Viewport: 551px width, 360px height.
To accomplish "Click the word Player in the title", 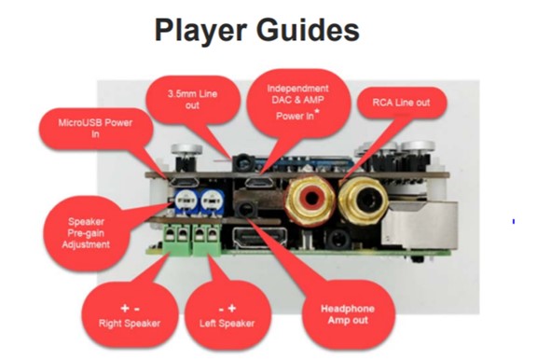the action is (200, 31).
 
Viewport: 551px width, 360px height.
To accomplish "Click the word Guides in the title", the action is (308, 30).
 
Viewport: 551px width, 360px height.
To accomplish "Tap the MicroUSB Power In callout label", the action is (95, 129).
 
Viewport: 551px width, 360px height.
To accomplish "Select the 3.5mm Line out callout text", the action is (193, 100).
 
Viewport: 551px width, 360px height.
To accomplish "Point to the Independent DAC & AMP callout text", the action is (297, 94).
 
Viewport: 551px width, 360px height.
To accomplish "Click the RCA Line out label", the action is (401, 103).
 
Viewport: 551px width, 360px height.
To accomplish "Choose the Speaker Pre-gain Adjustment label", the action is (86, 233).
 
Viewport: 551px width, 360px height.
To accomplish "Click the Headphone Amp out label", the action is (348, 314).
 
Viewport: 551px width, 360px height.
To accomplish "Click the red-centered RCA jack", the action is (310, 199).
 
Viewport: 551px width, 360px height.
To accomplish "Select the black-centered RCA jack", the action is (363, 200).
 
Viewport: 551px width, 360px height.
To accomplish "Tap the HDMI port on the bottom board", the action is (260, 237).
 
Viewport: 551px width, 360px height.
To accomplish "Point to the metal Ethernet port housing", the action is (420, 224).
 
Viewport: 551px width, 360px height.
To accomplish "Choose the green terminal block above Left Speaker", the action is (207, 240).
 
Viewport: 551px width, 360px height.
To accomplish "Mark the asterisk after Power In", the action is (318, 111).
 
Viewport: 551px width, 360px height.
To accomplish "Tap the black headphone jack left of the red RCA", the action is (246, 209).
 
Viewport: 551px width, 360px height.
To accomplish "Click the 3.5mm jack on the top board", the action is (243, 162).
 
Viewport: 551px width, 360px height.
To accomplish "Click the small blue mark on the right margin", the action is (514, 221).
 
